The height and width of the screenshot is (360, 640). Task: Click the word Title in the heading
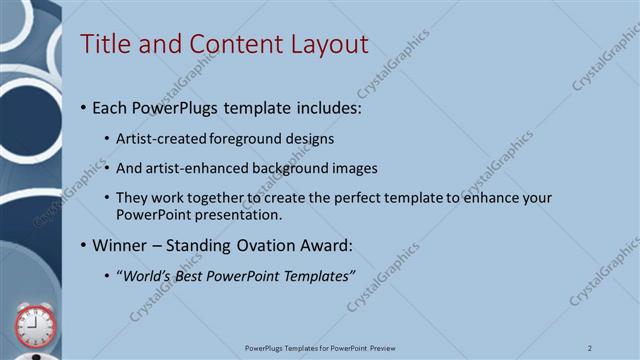pyautogui.click(x=102, y=44)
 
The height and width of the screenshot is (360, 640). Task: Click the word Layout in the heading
pyautogui.click(x=330, y=44)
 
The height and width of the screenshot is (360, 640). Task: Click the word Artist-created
pyautogui.click(x=162, y=138)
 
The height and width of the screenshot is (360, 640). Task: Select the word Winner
pyautogui.click(x=120, y=245)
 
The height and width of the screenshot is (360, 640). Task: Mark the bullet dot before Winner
pyautogui.click(x=83, y=246)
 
